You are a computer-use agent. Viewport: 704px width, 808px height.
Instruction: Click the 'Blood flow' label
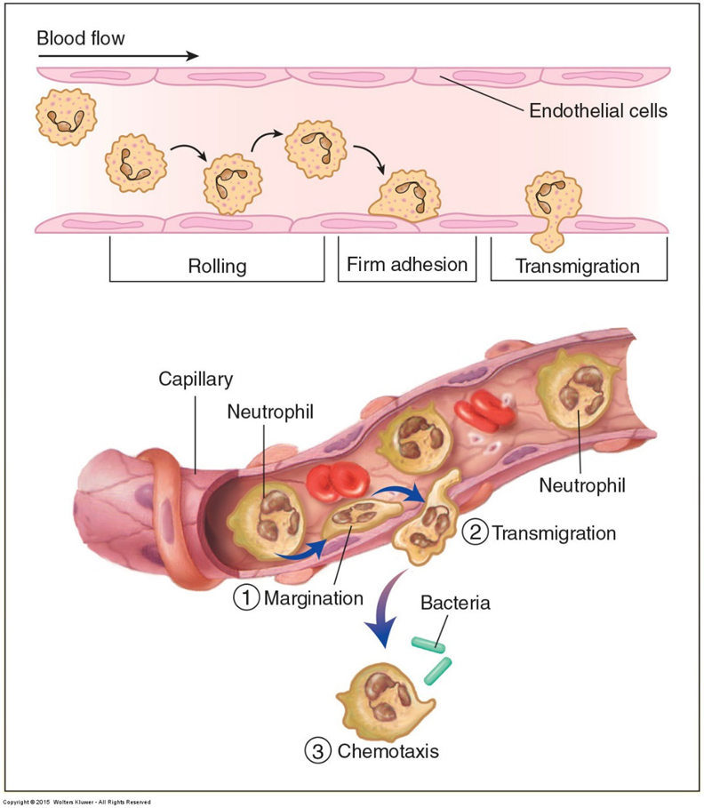click(x=81, y=38)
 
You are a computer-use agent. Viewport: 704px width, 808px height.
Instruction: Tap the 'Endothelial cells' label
click(x=597, y=112)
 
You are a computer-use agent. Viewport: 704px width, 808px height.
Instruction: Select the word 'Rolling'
click(x=217, y=265)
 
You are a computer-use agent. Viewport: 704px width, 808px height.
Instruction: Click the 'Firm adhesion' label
click(x=406, y=264)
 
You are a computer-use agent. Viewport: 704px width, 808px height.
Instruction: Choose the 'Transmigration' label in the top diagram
click(x=578, y=265)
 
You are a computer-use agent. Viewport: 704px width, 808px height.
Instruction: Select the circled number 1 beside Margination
click(x=246, y=598)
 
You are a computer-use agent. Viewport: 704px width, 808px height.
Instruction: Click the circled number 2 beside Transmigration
click(x=476, y=533)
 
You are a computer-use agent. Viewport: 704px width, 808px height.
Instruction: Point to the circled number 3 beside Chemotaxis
click(x=319, y=751)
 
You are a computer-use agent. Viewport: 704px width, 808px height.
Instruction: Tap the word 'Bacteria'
click(x=455, y=604)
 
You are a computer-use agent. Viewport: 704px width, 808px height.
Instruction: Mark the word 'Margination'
click(x=313, y=598)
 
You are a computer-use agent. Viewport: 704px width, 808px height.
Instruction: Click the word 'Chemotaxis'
click(x=388, y=751)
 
